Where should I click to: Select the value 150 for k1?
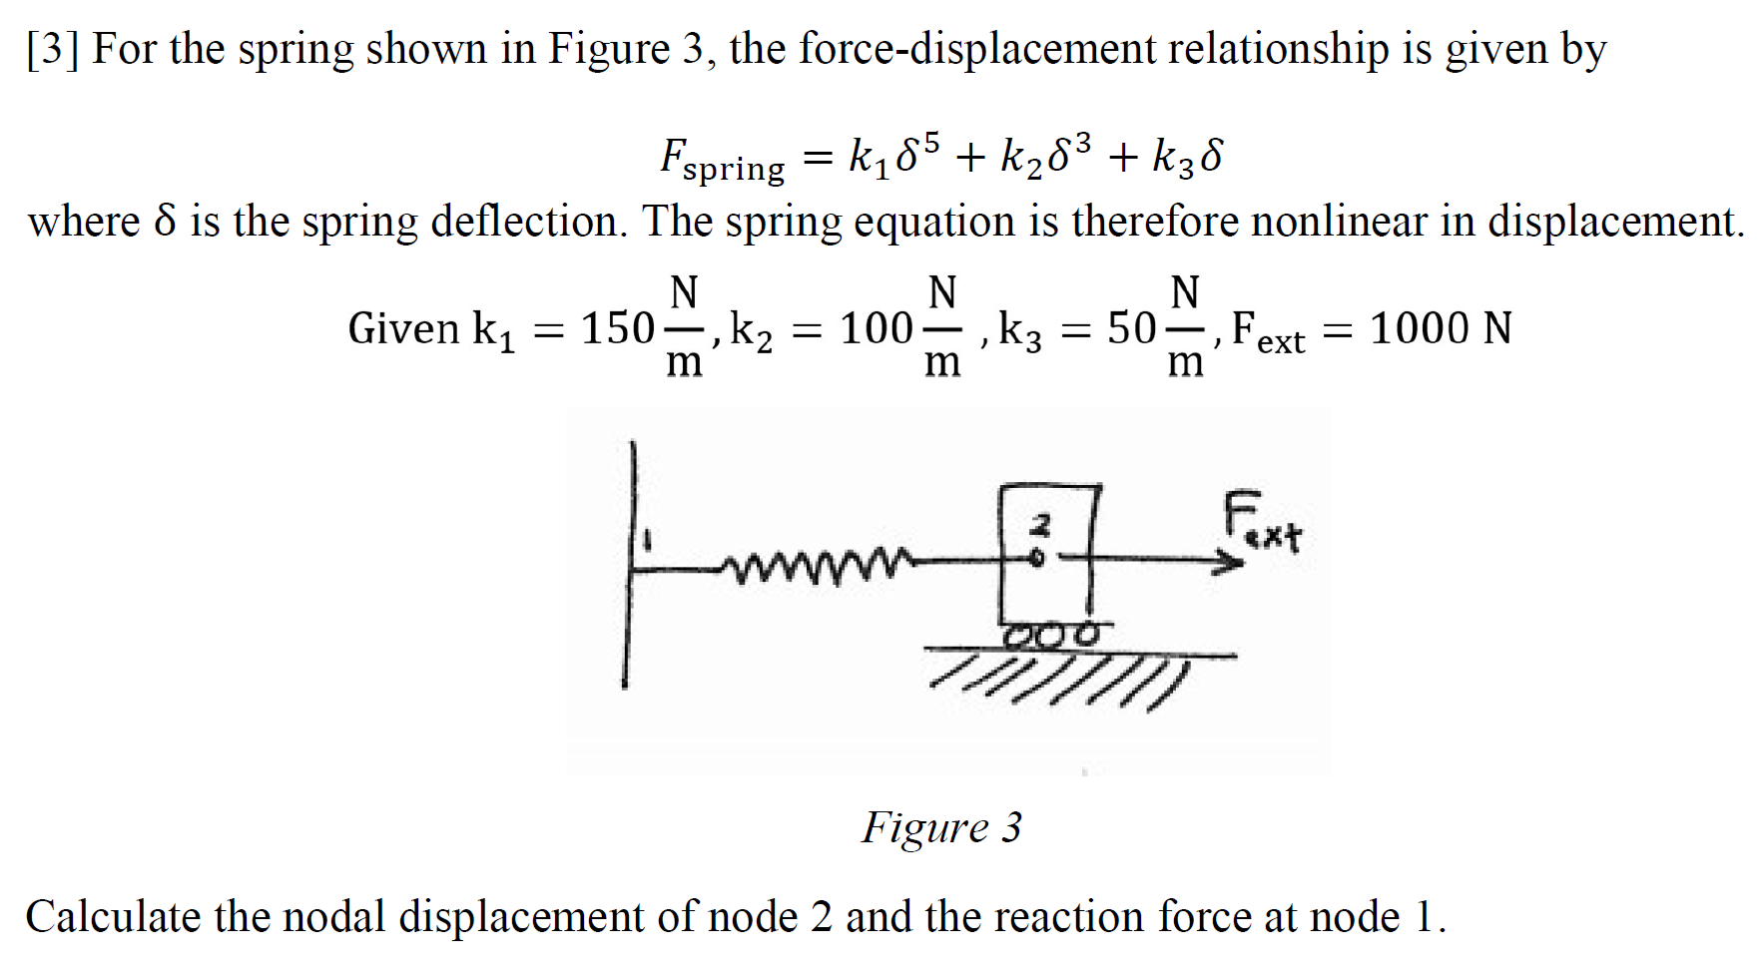coord(617,328)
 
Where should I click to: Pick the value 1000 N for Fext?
coord(1441,328)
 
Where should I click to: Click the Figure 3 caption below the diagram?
coord(941,827)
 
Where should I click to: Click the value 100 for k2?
coord(876,328)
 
